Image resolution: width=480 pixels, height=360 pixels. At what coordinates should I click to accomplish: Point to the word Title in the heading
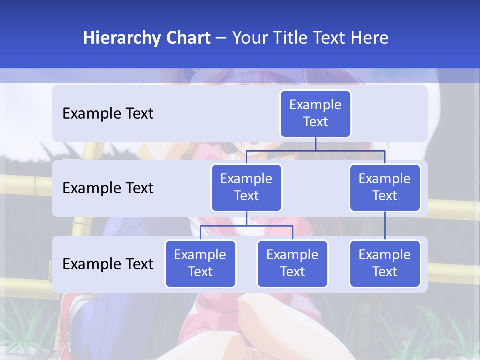point(293,38)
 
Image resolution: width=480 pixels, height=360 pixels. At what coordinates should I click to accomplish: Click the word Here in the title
point(370,38)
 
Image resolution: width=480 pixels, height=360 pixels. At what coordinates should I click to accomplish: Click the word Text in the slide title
point(330,38)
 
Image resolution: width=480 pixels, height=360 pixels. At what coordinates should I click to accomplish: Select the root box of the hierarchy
point(315,114)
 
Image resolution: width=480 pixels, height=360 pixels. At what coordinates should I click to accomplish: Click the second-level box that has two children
point(246,188)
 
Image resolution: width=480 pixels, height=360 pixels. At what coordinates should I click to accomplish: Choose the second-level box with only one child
point(385,188)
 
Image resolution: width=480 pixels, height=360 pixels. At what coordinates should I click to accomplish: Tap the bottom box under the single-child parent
point(385,264)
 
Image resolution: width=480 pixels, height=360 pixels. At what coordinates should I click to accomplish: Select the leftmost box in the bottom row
point(200,264)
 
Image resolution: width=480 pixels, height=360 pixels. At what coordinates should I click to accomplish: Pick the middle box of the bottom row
point(292,264)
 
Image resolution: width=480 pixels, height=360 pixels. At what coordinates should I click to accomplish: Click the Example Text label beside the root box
point(108,114)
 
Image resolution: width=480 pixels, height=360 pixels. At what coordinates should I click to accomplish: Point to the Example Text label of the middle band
point(108,188)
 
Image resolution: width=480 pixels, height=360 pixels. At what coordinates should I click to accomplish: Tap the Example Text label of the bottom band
point(108,264)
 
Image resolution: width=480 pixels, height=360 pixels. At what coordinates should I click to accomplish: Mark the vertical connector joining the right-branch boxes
point(385,226)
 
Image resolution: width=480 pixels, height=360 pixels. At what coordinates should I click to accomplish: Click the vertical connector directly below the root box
point(315,144)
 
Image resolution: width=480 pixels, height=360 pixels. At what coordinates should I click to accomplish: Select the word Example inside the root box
point(315,105)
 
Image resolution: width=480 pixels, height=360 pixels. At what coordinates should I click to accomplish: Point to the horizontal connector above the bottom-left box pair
point(246,226)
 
